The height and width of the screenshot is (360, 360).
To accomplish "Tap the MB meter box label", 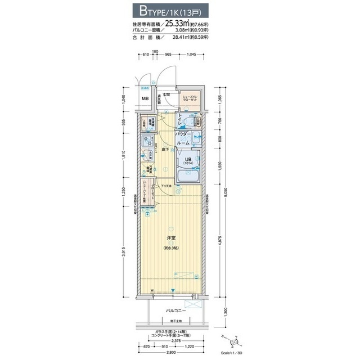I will click(x=145, y=100).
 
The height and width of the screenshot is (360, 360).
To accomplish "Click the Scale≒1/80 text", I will click(x=232, y=352).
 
